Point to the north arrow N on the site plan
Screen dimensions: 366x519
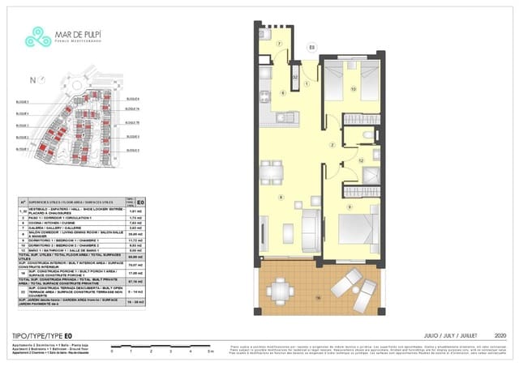(x=32, y=79)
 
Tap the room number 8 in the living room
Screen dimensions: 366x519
(x=281, y=198)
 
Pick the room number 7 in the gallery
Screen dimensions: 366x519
(x=279, y=43)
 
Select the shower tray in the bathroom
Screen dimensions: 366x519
(x=372, y=176)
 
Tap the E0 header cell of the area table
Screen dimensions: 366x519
(x=140, y=203)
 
